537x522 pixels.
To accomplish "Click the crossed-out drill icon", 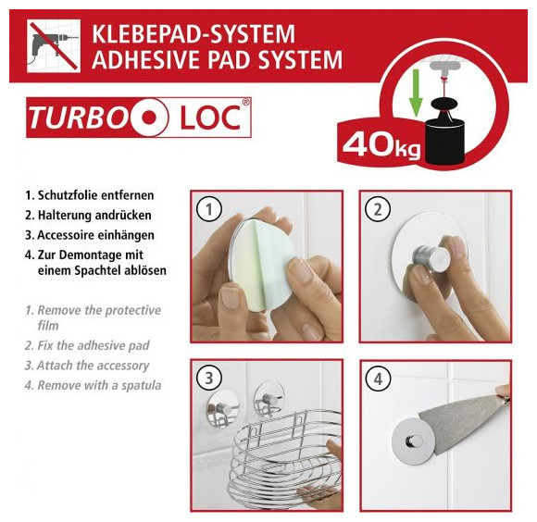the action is (x=54, y=46).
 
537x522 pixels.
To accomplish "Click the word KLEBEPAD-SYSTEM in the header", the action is (x=194, y=34).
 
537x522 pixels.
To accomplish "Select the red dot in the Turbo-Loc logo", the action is (x=149, y=118).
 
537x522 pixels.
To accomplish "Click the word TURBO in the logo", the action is (x=78, y=118).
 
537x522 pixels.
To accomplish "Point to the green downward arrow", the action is (x=416, y=93).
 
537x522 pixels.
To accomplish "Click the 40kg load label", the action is (x=381, y=145).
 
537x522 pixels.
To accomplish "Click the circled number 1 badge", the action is (x=209, y=209).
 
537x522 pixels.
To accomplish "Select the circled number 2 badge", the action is (x=378, y=209).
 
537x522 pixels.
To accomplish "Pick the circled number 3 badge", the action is (x=209, y=379).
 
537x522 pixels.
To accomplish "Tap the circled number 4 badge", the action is (x=378, y=379).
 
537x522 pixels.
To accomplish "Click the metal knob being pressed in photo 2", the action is (x=430, y=257).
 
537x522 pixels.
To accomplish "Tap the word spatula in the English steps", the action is (x=141, y=386).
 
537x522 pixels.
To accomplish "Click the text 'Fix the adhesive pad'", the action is (x=94, y=345).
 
